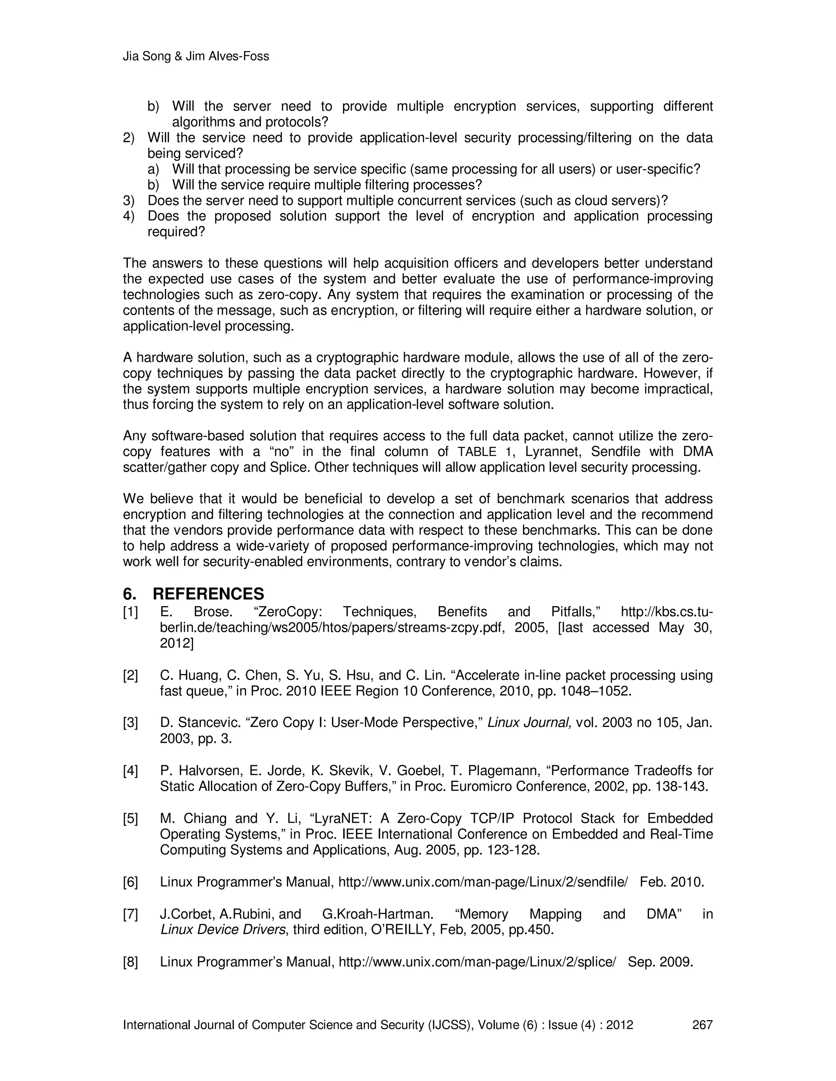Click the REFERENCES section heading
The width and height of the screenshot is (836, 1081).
[x=208, y=594]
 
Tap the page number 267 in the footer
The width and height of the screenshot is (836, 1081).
[x=702, y=1025]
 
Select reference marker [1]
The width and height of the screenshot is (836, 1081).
[x=131, y=612]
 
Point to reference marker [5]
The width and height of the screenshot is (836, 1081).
[x=131, y=818]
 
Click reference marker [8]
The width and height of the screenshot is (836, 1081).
[x=131, y=962]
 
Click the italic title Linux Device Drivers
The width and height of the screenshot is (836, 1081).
[x=223, y=930]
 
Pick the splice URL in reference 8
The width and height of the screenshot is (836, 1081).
[x=477, y=962]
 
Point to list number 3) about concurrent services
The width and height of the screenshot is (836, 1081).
[x=128, y=200]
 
